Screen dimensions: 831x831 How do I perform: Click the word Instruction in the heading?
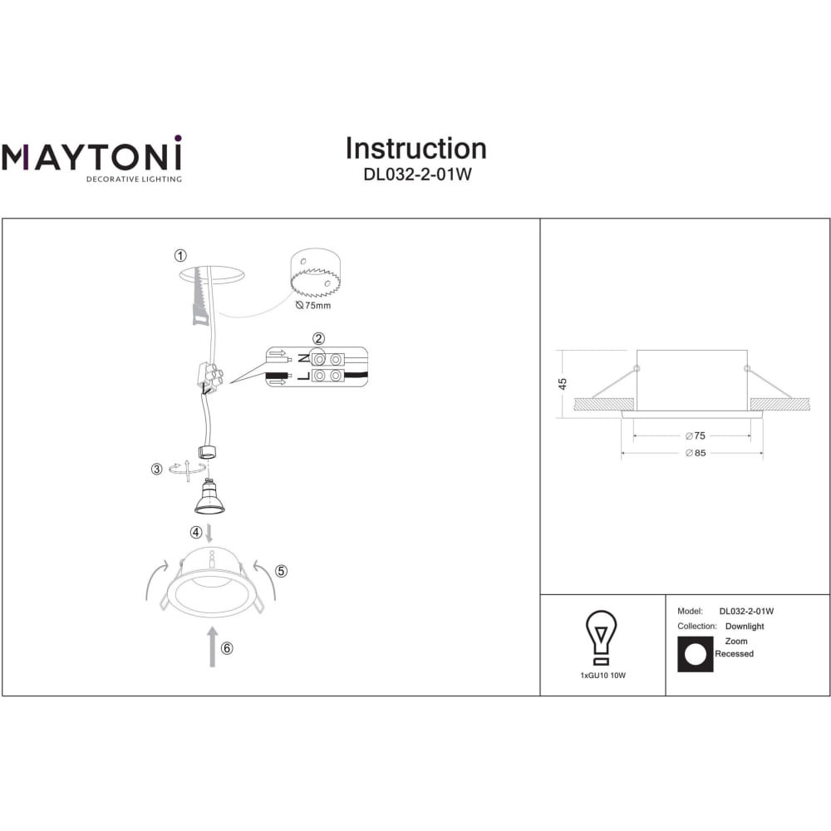(x=416, y=149)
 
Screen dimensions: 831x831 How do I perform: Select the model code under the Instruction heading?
(x=417, y=175)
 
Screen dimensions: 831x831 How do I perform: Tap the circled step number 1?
(x=180, y=255)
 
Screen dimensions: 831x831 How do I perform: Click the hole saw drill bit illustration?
(x=315, y=273)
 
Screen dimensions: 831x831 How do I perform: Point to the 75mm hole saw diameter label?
(x=313, y=305)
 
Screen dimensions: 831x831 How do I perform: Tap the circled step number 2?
(x=318, y=338)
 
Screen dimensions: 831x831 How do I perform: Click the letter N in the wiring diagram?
(x=303, y=359)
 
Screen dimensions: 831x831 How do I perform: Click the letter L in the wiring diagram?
(x=303, y=376)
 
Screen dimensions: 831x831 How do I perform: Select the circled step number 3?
(x=156, y=469)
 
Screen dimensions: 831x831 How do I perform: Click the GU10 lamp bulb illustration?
(x=209, y=497)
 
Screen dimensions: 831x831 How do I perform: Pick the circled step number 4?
(x=196, y=532)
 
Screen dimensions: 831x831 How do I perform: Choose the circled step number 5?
(x=282, y=571)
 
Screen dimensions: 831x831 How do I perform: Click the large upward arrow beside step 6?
(x=213, y=647)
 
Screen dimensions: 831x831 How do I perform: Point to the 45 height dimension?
(x=563, y=383)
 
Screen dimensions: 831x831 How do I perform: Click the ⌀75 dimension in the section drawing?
(x=696, y=435)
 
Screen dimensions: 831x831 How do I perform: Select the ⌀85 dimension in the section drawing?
(x=696, y=453)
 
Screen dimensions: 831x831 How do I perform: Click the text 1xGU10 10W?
(x=603, y=675)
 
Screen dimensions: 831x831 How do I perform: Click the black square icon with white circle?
(x=696, y=655)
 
